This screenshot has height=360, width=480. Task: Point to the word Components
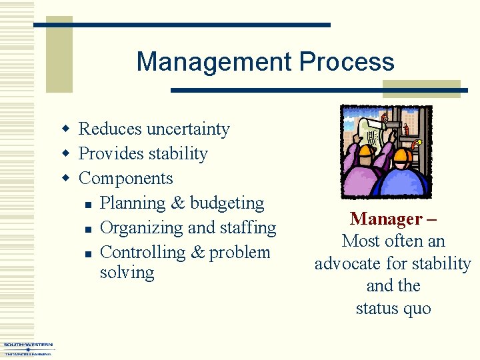[125, 179]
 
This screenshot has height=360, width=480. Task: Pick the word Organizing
[141, 228]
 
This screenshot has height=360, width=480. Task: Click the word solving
[127, 273]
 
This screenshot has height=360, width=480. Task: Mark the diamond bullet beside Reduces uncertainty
[65, 129]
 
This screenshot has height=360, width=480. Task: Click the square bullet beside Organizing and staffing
[88, 229]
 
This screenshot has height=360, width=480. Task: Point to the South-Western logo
[27, 348]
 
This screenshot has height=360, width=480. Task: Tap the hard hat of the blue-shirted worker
[403, 158]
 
